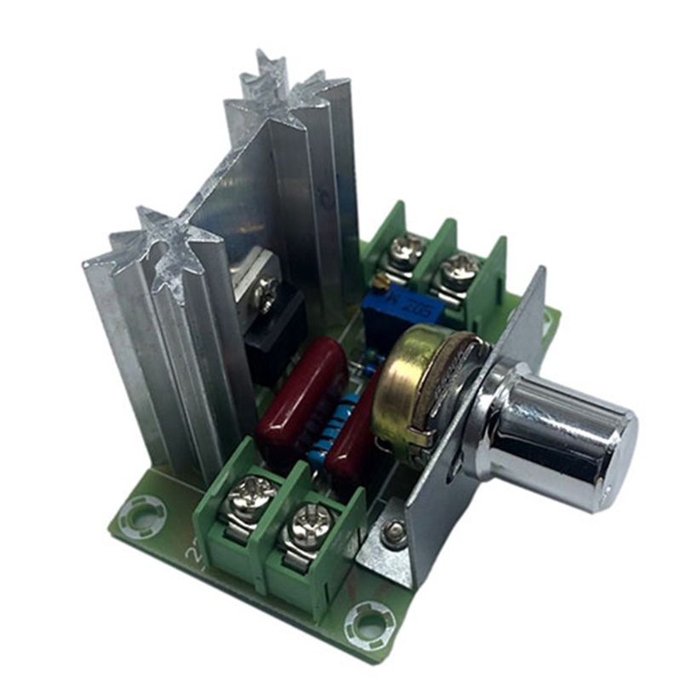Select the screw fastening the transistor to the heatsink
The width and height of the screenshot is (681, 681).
[x=267, y=289]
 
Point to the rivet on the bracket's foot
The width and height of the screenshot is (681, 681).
[x=392, y=535]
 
